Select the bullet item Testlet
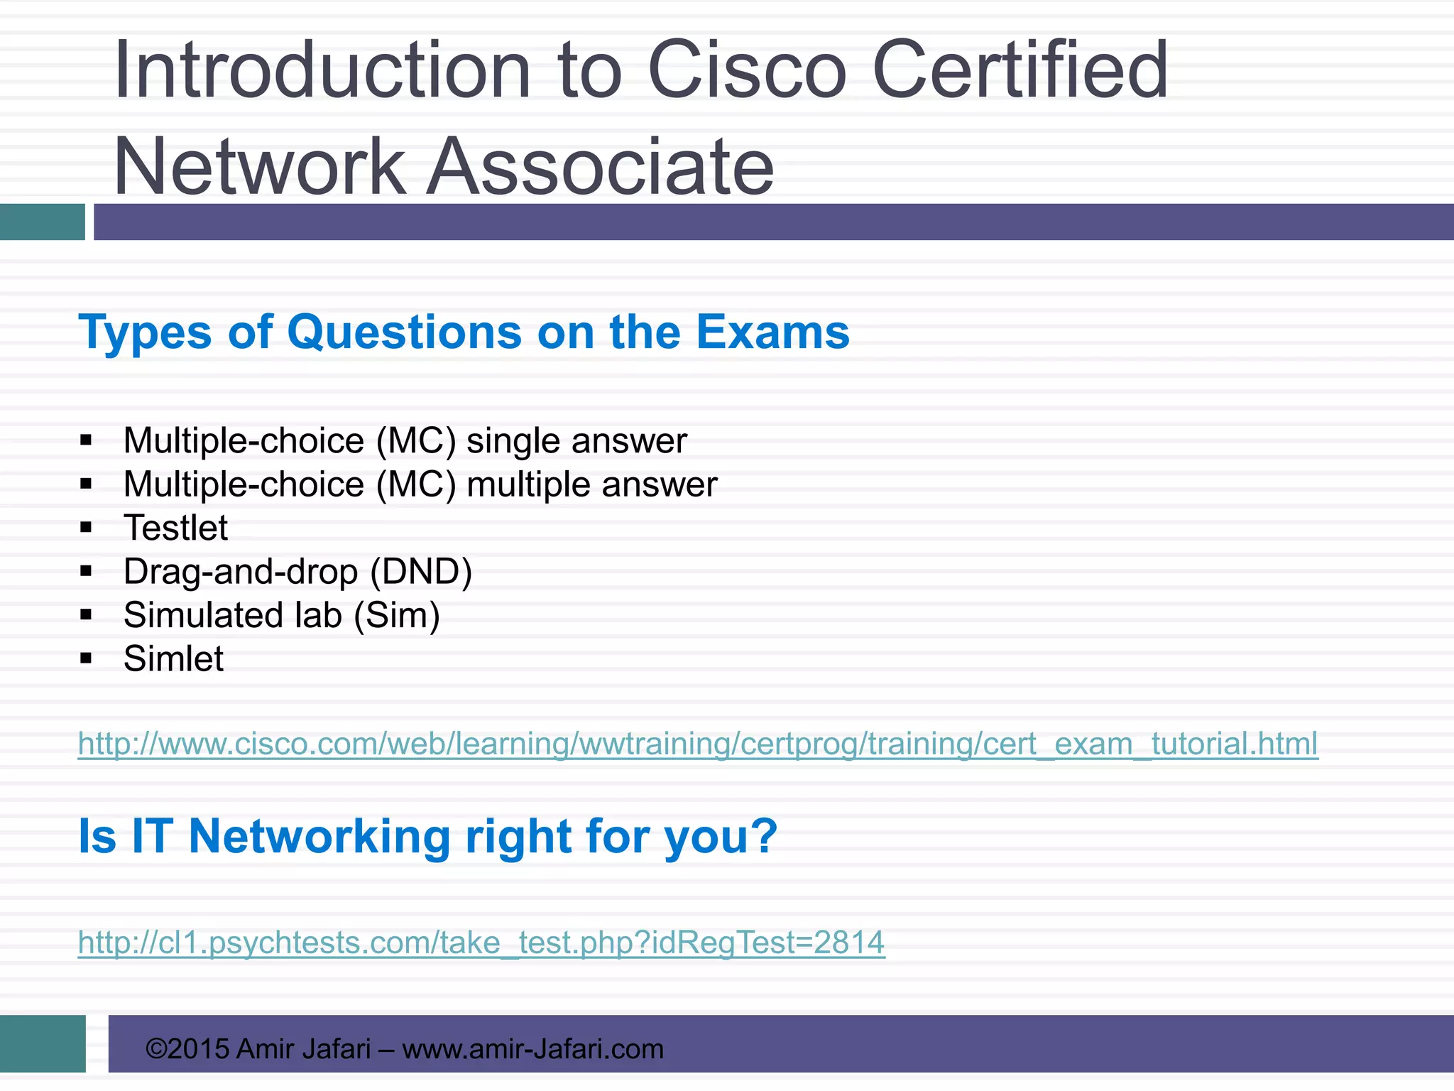pos(175,528)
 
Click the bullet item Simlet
pos(173,658)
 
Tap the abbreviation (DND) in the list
pos(421,572)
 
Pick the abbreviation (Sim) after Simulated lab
pos(397,615)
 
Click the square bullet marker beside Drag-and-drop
pos(87,572)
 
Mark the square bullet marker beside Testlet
pos(87,528)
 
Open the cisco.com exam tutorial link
pos(697,744)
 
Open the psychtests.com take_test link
pos(481,943)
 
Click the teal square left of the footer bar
pos(43,1043)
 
